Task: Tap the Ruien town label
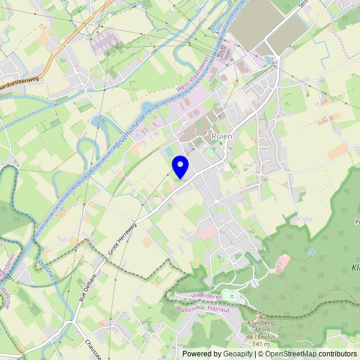pyautogui.click(x=222, y=137)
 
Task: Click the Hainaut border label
pyautogui.click(x=219, y=308)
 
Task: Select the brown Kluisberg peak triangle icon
pyautogui.click(x=260, y=316)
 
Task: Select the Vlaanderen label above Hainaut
pyautogui.click(x=206, y=297)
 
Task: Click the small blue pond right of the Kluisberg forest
pyautogui.click(x=311, y=252)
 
